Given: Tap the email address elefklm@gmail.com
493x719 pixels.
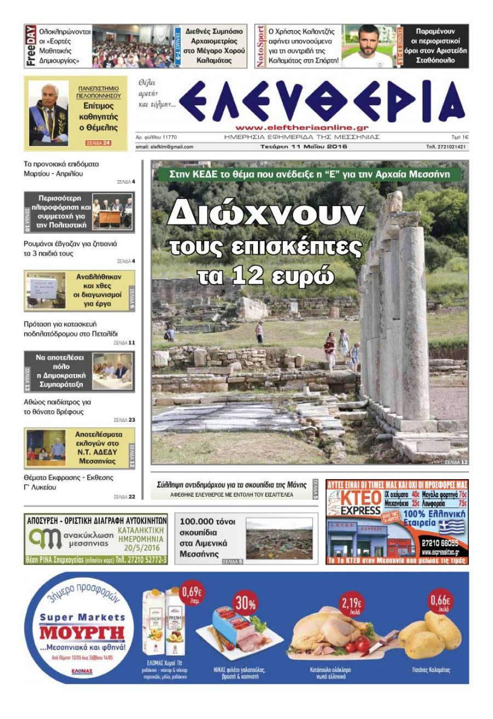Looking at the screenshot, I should tap(164, 147).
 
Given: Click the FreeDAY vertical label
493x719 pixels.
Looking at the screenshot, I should tap(31, 46).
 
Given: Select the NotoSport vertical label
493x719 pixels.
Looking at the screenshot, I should tap(261, 46).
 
